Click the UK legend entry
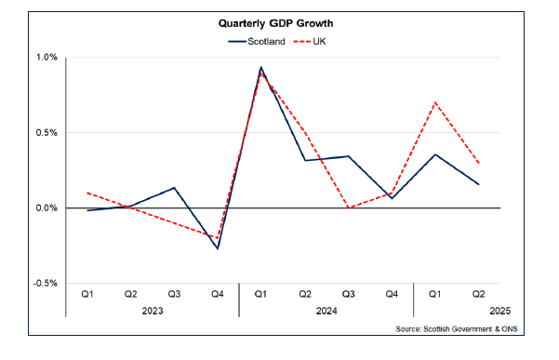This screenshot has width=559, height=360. (314, 42)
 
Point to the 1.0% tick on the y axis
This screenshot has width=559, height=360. (46, 58)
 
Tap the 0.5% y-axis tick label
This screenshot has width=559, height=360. (46, 132)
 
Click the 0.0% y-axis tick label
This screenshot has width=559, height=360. (46, 207)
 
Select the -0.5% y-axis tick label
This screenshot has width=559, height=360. (44, 283)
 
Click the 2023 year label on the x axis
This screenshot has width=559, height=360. (152, 312)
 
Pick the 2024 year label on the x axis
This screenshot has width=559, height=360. (326, 312)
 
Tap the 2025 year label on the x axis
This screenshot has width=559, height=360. (499, 312)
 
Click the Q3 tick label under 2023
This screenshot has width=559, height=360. (174, 295)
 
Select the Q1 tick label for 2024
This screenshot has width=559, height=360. (261, 295)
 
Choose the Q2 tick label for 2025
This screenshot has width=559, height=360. (478, 295)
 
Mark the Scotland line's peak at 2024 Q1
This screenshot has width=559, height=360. (261, 67)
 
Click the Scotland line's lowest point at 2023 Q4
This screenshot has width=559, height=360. (218, 248)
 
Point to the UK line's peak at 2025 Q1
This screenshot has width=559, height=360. (435, 102)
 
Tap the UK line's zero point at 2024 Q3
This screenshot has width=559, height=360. (348, 207)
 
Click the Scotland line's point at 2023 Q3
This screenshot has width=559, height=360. (174, 188)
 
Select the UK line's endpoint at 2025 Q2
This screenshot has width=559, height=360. (479, 164)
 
